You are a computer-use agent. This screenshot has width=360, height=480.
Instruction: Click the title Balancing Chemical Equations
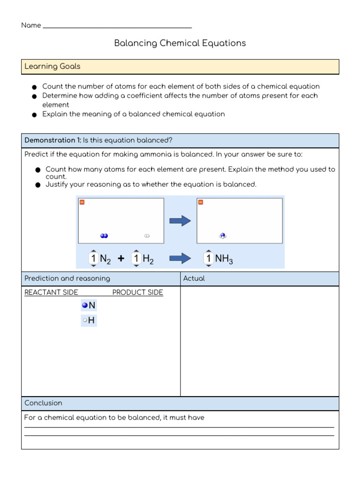(180, 43)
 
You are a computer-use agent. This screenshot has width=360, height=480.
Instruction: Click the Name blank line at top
(117, 27)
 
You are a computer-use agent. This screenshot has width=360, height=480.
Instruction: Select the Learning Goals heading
(52, 67)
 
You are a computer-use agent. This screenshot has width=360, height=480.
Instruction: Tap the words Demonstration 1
(52, 140)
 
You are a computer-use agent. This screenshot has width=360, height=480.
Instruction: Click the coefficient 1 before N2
(93, 258)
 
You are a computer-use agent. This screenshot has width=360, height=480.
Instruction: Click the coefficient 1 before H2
(136, 258)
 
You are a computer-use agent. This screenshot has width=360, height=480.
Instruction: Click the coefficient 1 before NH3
(209, 258)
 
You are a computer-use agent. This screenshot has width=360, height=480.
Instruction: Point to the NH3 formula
(224, 259)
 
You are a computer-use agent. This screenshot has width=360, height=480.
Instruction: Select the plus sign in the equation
(121, 258)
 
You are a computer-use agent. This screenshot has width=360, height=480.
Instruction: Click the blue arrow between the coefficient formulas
(180, 258)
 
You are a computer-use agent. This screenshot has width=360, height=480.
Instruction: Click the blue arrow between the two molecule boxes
(180, 221)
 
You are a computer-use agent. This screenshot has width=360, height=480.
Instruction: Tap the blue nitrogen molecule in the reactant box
(104, 236)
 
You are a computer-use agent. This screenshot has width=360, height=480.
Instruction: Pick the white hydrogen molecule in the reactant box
(146, 236)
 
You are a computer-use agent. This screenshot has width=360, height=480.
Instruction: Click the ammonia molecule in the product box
(223, 236)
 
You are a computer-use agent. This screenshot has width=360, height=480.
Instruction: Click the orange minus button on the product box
(201, 202)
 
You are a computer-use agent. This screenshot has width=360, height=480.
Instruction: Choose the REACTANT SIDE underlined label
(51, 292)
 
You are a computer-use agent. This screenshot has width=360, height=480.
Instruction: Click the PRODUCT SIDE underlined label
(138, 292)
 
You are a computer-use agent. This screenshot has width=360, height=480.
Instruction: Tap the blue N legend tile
(89, 306)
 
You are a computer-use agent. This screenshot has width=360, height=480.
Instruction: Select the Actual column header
(194, 278)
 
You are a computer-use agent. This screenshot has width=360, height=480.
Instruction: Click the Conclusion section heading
(43, 403)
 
